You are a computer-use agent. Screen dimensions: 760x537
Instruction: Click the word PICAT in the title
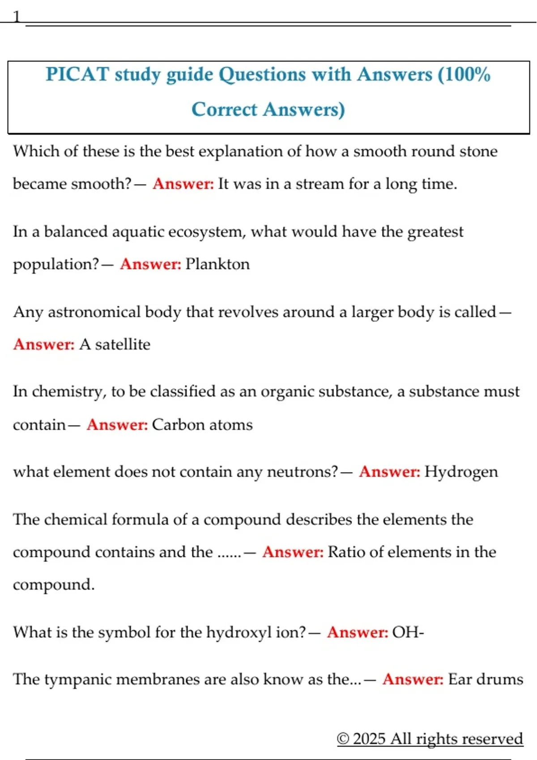[77, 74]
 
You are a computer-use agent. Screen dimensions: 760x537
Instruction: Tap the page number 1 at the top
[17, 17]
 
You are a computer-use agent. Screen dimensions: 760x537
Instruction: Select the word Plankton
[217, 264]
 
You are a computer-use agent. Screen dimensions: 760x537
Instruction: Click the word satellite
[123, 344]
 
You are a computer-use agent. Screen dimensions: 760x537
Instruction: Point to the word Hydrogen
[461, 472]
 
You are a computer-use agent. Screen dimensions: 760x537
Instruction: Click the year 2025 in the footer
[369, 739]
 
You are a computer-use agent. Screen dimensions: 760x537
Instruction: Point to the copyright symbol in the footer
[343, 739]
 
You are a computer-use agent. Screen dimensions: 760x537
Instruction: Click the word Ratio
[347, 552]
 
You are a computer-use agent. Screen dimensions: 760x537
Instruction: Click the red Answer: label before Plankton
[150, 264]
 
